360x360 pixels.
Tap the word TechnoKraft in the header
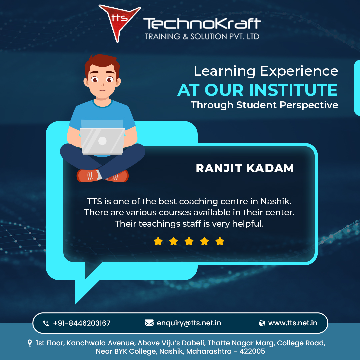pos(202,23)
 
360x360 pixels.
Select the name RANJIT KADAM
pos(245,168)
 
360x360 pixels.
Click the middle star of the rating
pos(189,241)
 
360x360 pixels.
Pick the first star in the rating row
pos(158,241)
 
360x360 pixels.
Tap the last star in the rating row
pos(220,241)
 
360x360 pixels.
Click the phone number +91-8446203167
pos(82,323)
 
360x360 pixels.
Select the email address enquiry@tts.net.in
pos(189,323)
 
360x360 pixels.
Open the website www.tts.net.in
pos(293,323)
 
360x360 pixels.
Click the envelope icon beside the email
pos(149,323)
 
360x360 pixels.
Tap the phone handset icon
pos(46,323)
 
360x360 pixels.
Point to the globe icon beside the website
pos(262,323)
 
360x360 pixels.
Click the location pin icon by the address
pos(30,343)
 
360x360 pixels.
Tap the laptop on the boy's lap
pos(102,141)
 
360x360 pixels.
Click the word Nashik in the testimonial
pos(276,201)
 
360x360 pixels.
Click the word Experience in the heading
pos(299,71)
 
